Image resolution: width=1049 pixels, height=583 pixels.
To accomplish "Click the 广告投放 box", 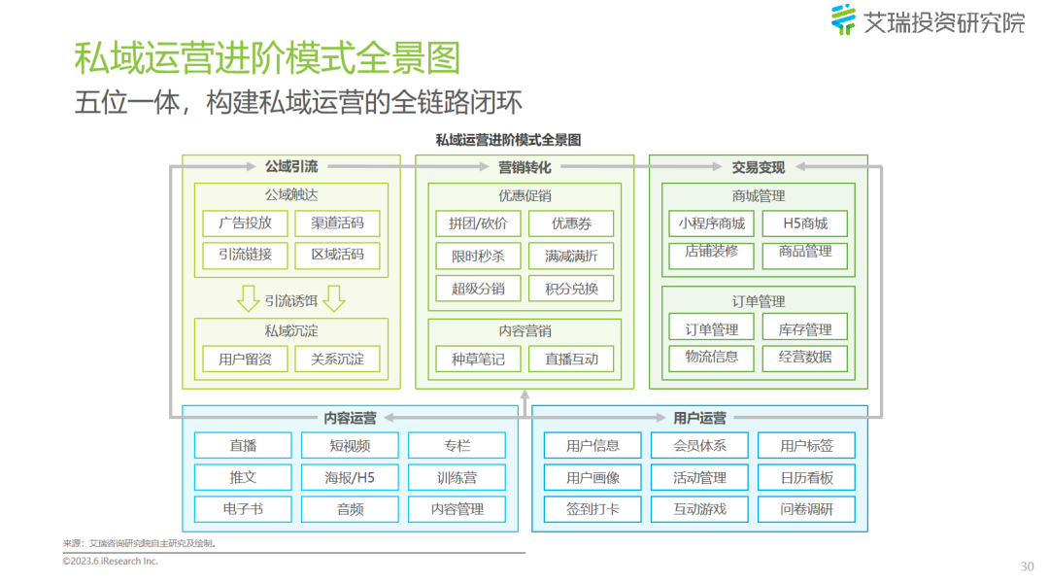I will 245,223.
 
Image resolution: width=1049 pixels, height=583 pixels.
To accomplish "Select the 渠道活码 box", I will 337,223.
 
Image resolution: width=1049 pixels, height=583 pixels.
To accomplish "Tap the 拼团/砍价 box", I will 478,223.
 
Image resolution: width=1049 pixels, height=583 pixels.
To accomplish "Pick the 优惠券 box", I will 571,223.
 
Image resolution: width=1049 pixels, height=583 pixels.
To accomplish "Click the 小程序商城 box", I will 712,223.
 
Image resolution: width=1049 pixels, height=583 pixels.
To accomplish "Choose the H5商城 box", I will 805,223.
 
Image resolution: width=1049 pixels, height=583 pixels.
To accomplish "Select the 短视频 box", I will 350,445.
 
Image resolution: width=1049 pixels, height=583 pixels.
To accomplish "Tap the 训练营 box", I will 457,477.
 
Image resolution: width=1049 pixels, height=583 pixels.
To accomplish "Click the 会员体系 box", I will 699,445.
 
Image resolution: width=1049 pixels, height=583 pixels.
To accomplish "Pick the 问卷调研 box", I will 806,508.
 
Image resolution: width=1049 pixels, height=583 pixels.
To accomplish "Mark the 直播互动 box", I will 571,359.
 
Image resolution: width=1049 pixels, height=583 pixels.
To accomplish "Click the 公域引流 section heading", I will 291,167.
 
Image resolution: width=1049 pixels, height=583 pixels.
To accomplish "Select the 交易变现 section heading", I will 758,167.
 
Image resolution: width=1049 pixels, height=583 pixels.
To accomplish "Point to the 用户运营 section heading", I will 699,418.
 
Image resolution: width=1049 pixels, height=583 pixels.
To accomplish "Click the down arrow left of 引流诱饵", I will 249,298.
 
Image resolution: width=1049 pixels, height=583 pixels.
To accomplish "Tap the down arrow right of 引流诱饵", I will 334,298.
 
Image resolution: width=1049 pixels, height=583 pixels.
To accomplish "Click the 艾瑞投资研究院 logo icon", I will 843,19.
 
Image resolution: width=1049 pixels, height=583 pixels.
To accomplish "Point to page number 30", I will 1028,566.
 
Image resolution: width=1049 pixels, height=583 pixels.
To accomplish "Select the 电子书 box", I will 243,508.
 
